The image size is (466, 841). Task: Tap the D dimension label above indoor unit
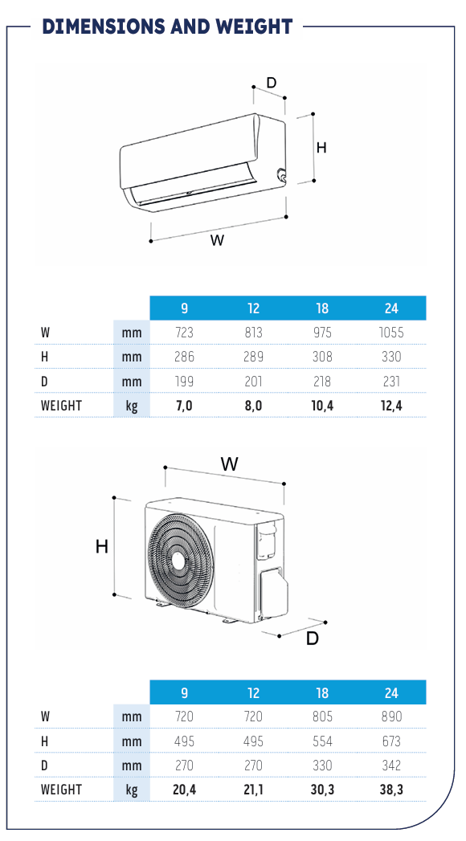tap(272, 83)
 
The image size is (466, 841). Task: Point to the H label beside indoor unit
tap(321, 148)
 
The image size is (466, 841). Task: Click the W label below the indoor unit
tap(217, 239)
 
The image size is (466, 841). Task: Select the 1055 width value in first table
tap(391, 333)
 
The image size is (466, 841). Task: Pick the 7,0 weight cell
tap(184, 406)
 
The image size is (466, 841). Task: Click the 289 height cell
tap(253, 357)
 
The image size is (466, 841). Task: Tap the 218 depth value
tap(321, 382)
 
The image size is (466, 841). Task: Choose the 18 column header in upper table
tap(321, 308)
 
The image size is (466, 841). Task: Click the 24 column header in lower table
tap(391, 693)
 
